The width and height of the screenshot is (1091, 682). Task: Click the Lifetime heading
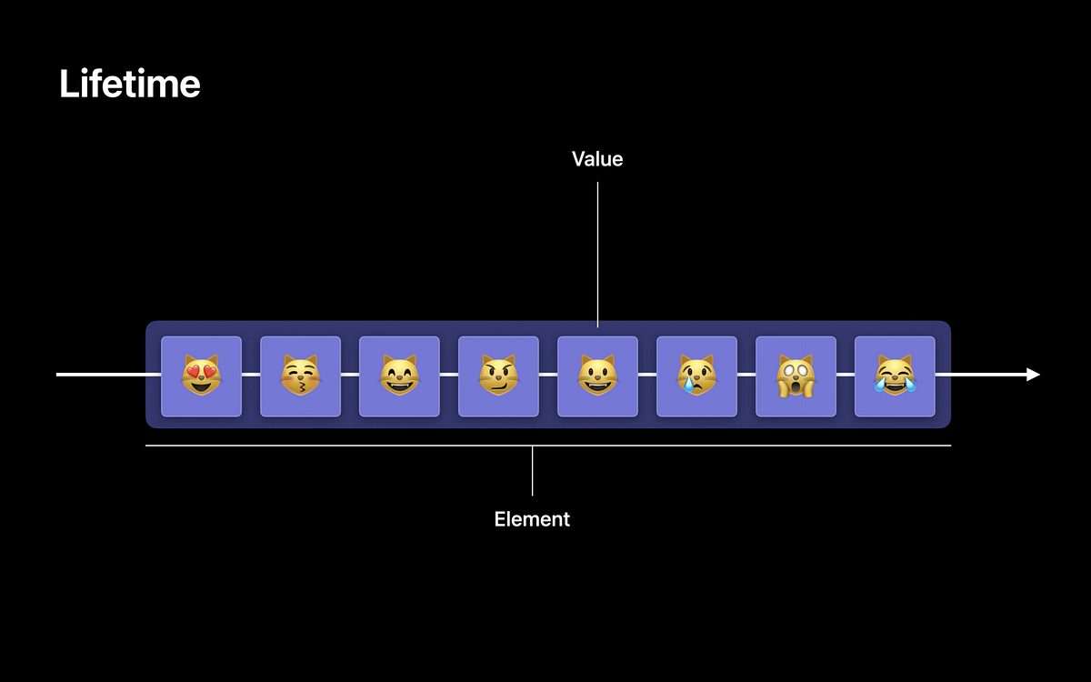click(129, 85)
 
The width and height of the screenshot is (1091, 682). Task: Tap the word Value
click(597, 159)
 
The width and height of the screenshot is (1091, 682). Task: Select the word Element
click(532, 519)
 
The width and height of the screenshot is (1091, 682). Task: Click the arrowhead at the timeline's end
click(1033, 375)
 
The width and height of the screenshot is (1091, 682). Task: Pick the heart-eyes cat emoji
click(201, 376)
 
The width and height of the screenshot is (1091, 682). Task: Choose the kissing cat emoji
click(300, 376)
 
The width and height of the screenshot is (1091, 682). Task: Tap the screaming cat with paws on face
click(796, 376)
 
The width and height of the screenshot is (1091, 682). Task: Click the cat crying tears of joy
click(895, 376)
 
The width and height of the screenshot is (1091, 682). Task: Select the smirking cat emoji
click(498, 376)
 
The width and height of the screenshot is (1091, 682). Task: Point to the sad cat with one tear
click(696, 376)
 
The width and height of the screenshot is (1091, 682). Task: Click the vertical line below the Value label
click(597, 255)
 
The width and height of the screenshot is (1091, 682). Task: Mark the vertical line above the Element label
click(532, 470)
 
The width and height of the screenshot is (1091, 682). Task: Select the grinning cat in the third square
click(399, 376)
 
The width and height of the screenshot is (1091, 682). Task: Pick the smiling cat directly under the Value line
click(597, 376)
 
